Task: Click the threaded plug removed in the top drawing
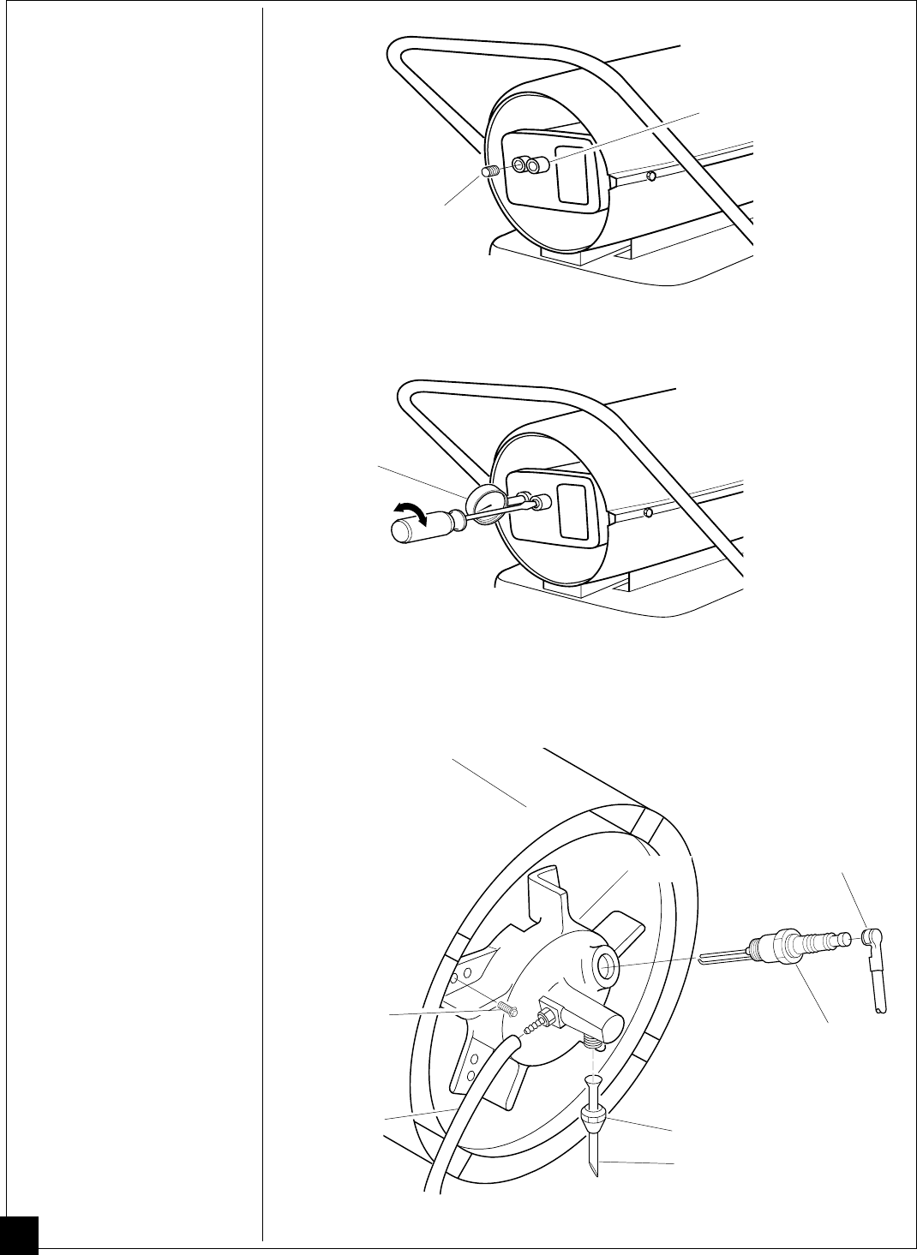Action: (x=491, y=171)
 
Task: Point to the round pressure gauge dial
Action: (x=483, y=500)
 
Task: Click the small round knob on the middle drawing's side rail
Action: (x=650, y=512)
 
